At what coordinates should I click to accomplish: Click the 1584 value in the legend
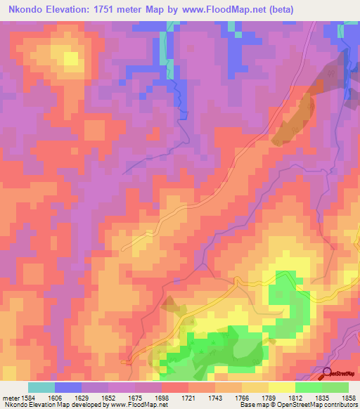coord(29,397)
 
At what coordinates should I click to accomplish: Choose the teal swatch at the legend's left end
coord(41,387)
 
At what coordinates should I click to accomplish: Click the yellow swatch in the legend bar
coord(281,387)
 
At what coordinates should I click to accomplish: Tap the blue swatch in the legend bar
coord(68,387)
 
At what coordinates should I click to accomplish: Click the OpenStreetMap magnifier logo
coord(328,373)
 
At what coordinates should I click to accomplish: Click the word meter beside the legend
coord(9,397)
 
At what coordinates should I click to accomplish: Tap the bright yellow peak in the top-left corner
coord(70,58)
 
